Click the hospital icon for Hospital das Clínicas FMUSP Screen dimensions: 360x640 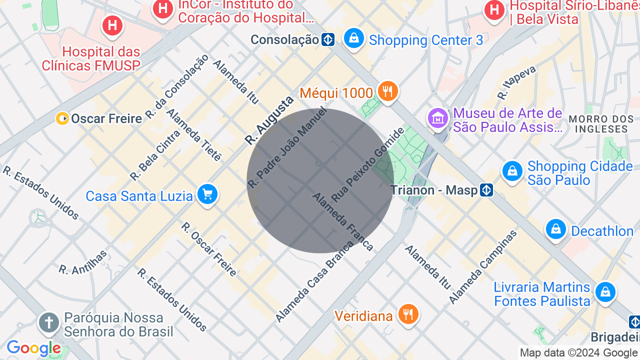[112, 25]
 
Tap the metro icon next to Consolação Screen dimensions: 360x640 [328, 39]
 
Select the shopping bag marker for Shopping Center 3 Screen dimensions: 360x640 [354, 38]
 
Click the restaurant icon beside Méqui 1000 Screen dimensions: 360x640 [387, 91]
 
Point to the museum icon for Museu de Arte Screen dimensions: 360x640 [438, 118]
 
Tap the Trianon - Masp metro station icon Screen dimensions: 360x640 [486, 190]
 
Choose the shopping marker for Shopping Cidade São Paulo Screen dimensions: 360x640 [512, 172]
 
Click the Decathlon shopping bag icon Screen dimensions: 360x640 [555, 229]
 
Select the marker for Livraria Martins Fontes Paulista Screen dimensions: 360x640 [605, 291]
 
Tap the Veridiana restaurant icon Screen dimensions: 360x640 [408, 314]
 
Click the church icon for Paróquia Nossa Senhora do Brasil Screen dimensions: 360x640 [49, 322]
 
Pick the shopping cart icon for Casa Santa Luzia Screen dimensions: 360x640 [207, 194]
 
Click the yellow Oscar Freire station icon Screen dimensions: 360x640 [62, 118]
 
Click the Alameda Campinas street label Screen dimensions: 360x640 [482, 267]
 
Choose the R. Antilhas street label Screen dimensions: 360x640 [83, 262]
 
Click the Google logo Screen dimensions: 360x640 [33, 348]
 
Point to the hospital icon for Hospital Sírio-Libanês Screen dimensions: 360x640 [494, 10]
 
